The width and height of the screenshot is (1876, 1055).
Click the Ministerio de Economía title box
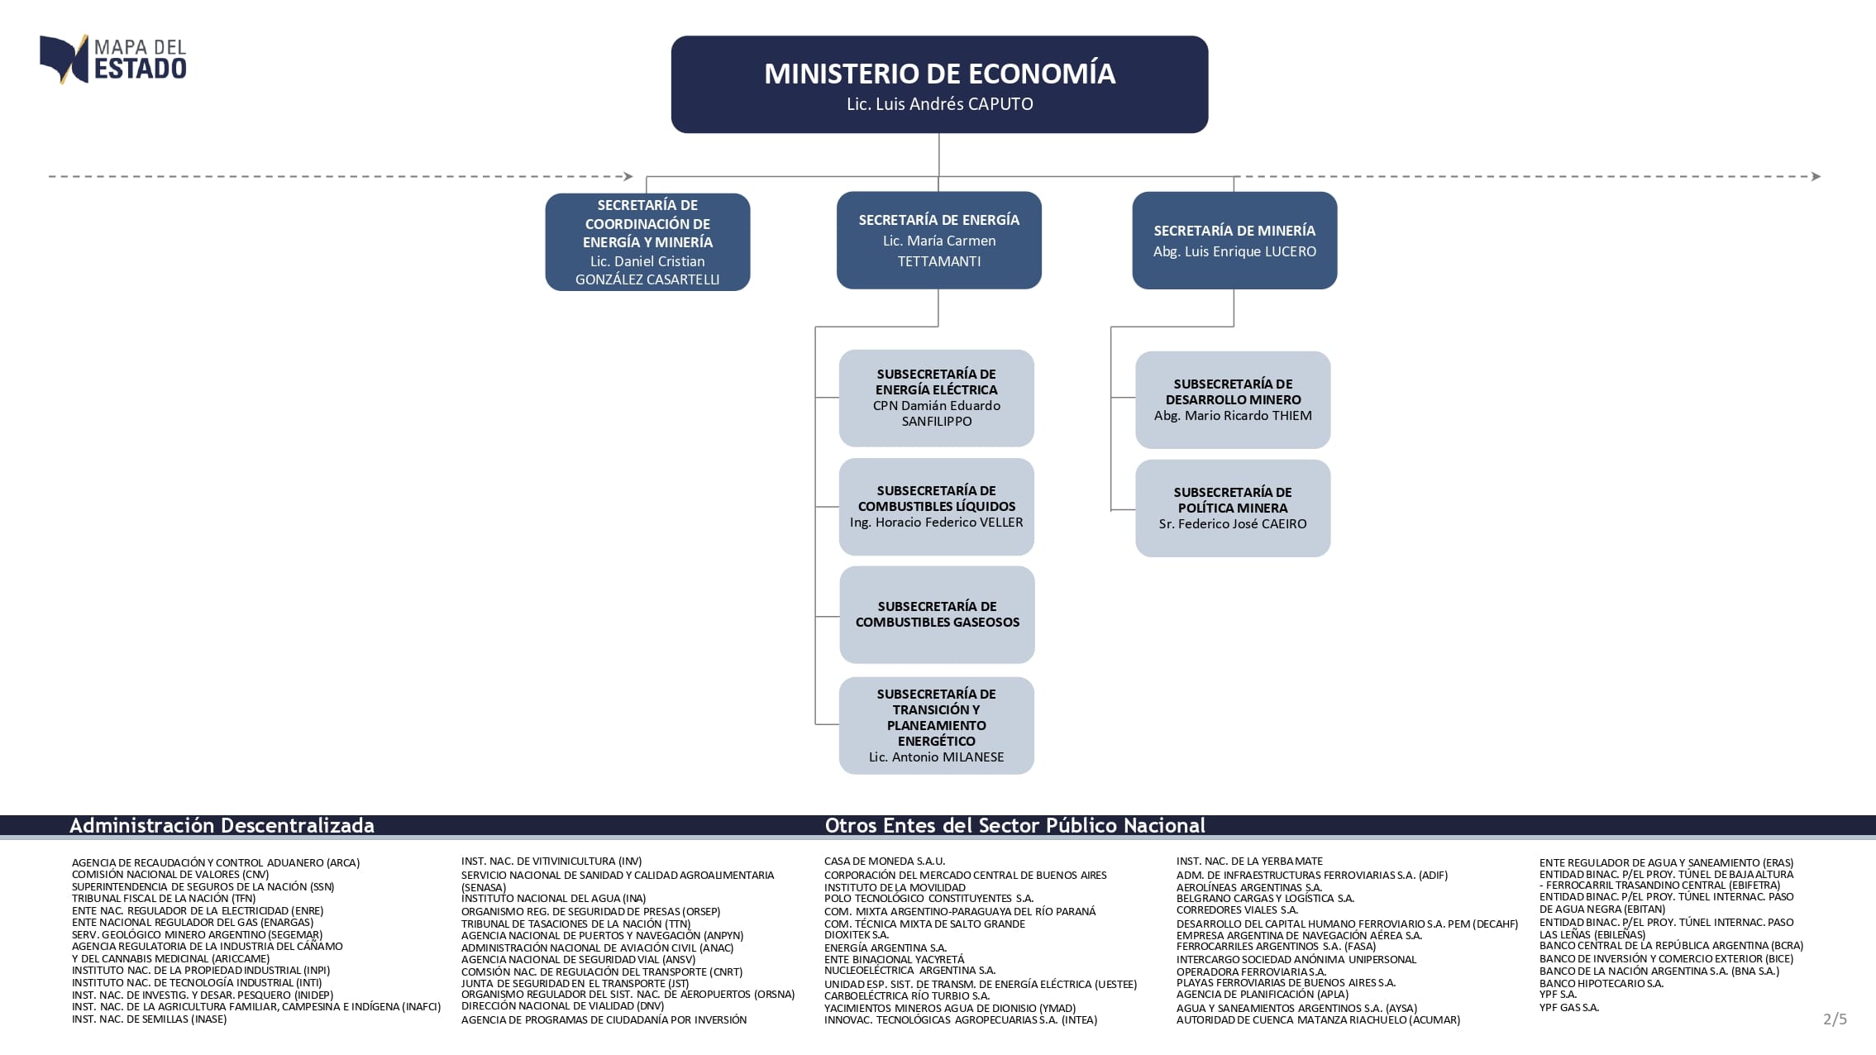pyautogui.click(x=939, y=84)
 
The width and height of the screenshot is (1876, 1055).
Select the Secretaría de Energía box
pyautogui.click(x=938, y=240)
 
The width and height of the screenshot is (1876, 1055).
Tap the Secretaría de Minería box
pyautogui.click(x=1234, y=240)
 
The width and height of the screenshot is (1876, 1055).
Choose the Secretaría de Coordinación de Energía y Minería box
pyautogui.click(x=647, y=241)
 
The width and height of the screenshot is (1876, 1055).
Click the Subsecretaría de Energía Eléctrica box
pyautogui.click(x=936, y=398)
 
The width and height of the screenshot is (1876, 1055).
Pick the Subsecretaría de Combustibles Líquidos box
pyautogui.click(x=936, y=506)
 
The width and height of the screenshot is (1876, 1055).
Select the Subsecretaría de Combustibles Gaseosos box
pyautogui.click(x=937, y=614)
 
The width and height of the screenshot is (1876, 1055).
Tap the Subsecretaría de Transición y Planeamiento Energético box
pyautogui.click(x=936, y=725)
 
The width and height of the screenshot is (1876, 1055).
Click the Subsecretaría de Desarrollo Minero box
pyautogui.click(x=1232, y=399)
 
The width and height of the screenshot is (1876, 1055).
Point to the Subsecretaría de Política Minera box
pyautogui.click(x=1232, y=508)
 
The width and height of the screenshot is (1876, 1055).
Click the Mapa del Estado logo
pyautogui.click(x=113, y=59)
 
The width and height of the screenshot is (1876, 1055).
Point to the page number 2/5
pyautogui.click(x=1835, y=1019)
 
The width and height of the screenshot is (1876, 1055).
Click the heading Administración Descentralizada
pyautogui.click(x=222, y=825)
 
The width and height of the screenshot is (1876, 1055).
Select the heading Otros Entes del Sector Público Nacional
pyautogui.click(x=1014, y=825)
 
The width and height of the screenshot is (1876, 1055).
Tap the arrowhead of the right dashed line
pyautogui.click(x=1816, y=176)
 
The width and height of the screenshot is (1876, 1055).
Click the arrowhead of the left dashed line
pyautogui.click(x=628, y=176)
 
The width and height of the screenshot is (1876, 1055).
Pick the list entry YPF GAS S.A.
pyautogui.click(x=1568, y=1007)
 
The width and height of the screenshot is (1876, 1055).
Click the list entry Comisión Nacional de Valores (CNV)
pyautogui.click(x=170, y=874)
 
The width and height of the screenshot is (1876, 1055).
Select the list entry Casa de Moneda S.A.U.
pyautogui.click(x=884, y=861)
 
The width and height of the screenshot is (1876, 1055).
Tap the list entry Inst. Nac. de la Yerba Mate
pyautogui.click(x=1249, y=861)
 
